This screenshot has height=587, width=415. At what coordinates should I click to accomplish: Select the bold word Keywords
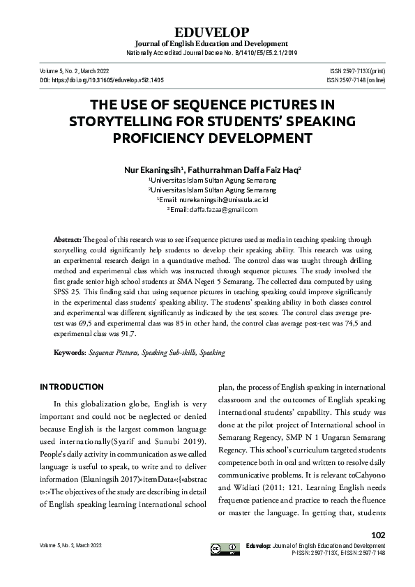pyautogui.click(x=69, y=353)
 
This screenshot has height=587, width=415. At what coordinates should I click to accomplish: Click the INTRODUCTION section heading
pyautogui.click(x=72, y=387)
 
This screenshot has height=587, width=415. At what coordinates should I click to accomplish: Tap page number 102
pyautogui.click(x=378, y=535)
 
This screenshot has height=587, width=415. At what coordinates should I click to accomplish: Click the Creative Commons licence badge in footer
pyautogui.click(x=225, y=549)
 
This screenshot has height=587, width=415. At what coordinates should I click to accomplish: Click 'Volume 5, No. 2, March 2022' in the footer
pyautogui.click(x=72, y=544)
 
